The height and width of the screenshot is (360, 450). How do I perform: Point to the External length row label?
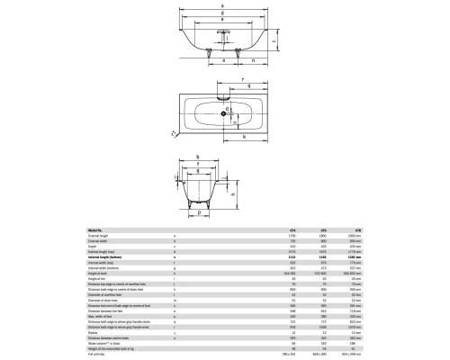click(x=100, y=235)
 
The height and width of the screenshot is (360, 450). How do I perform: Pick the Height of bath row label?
click(x=100, y=271)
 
